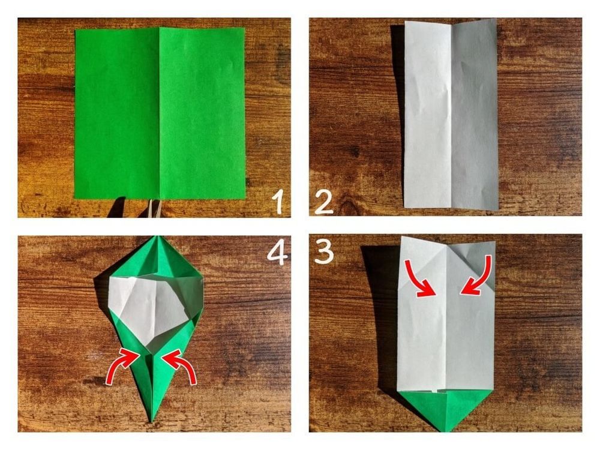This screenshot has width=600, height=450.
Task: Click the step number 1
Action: pos(278,202)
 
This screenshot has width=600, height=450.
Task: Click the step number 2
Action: pos(324,202)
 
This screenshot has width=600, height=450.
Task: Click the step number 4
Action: pos(277,253)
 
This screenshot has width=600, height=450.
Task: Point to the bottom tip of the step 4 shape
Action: pos(152,422)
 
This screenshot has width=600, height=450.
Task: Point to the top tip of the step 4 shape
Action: pos(156,236)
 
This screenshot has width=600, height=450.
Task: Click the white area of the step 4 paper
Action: pos(149,306)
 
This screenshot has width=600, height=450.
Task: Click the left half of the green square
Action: pos(117,113)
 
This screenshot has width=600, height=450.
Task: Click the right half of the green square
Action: pos(202,113)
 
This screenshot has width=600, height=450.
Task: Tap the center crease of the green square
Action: pos(160,113)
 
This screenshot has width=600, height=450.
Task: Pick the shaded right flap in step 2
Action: pos(475,115)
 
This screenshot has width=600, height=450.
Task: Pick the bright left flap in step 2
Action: pos(428,115)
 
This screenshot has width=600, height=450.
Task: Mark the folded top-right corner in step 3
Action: pos(478,264)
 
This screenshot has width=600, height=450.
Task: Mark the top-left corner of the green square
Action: pos(76,29)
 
